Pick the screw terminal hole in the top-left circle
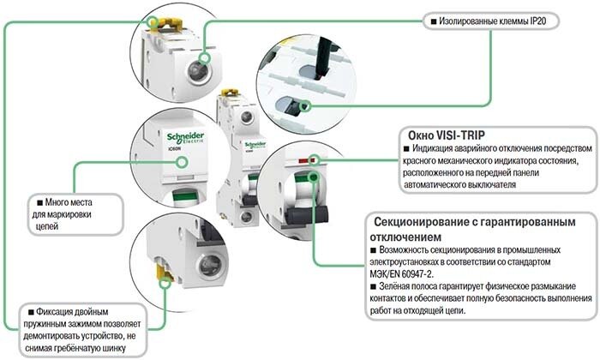[206, 61]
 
